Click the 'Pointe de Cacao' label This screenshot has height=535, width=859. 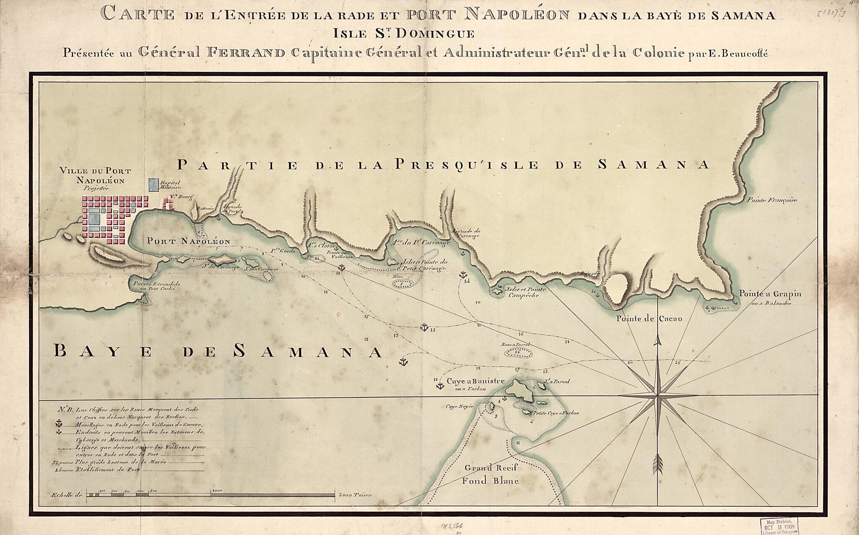[649, 318]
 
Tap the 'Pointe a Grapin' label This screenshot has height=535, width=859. [770, 294]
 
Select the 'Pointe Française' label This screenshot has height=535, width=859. [772, 200]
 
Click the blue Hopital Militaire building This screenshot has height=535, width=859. [154, 185]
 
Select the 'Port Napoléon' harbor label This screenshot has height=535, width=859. [188, 241]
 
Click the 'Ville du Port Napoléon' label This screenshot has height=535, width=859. [96, 176]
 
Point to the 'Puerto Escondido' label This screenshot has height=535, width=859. [156, 284]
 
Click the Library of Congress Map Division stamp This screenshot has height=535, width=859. [779, 526]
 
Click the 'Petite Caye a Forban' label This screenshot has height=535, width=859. [556, 413]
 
